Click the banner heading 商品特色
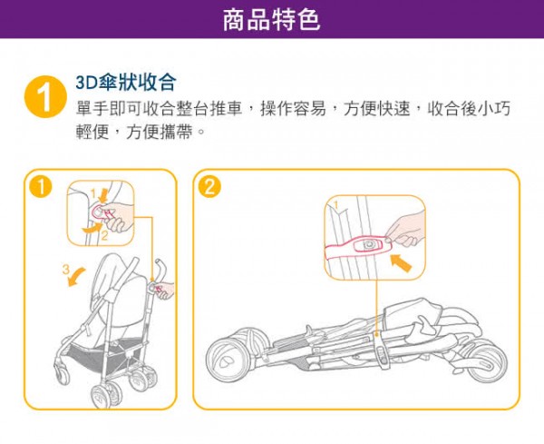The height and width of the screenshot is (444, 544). [271, 20]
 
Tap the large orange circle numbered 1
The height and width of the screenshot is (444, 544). [45, 97]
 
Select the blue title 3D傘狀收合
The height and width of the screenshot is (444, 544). [126, 83]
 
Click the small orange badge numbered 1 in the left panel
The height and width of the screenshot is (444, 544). [41, 188]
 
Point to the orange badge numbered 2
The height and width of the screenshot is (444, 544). [209, 188]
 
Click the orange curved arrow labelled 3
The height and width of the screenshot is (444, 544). [76, 277]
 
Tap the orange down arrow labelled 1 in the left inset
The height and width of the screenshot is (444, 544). [103, 196]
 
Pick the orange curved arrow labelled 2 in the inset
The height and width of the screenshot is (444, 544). [92, 228]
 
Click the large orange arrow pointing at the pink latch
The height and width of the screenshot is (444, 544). [401, 262]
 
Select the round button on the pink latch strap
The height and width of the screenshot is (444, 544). [368, 245]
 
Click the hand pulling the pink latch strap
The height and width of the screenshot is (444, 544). [403, 230]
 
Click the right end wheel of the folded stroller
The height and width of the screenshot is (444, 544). [488, 360]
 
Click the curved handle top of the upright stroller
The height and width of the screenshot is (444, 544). [160, 268]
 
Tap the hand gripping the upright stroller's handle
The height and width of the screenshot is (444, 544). [165, 291]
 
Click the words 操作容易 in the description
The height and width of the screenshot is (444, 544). [293, 109]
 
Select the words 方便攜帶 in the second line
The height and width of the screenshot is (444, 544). [159, 133]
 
